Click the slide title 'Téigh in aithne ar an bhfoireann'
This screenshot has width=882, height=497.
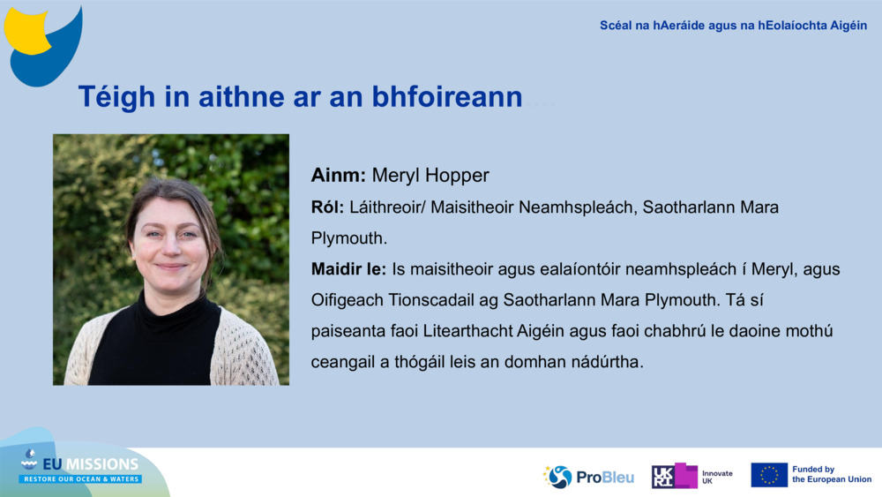[300, 97]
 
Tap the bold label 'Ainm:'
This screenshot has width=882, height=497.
[338, 175]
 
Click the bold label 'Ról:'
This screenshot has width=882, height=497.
[327, 207]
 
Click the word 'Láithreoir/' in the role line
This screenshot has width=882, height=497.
[387, 207]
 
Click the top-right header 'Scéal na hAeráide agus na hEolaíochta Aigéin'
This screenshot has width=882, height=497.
[733, 26]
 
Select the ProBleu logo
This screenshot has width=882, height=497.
[589, 477]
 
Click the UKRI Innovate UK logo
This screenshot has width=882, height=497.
[692, 477]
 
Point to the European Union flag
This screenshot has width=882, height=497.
[769, 475]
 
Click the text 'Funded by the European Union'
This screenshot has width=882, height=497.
[831, 475]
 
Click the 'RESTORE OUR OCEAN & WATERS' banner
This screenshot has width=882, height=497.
[81, 478]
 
